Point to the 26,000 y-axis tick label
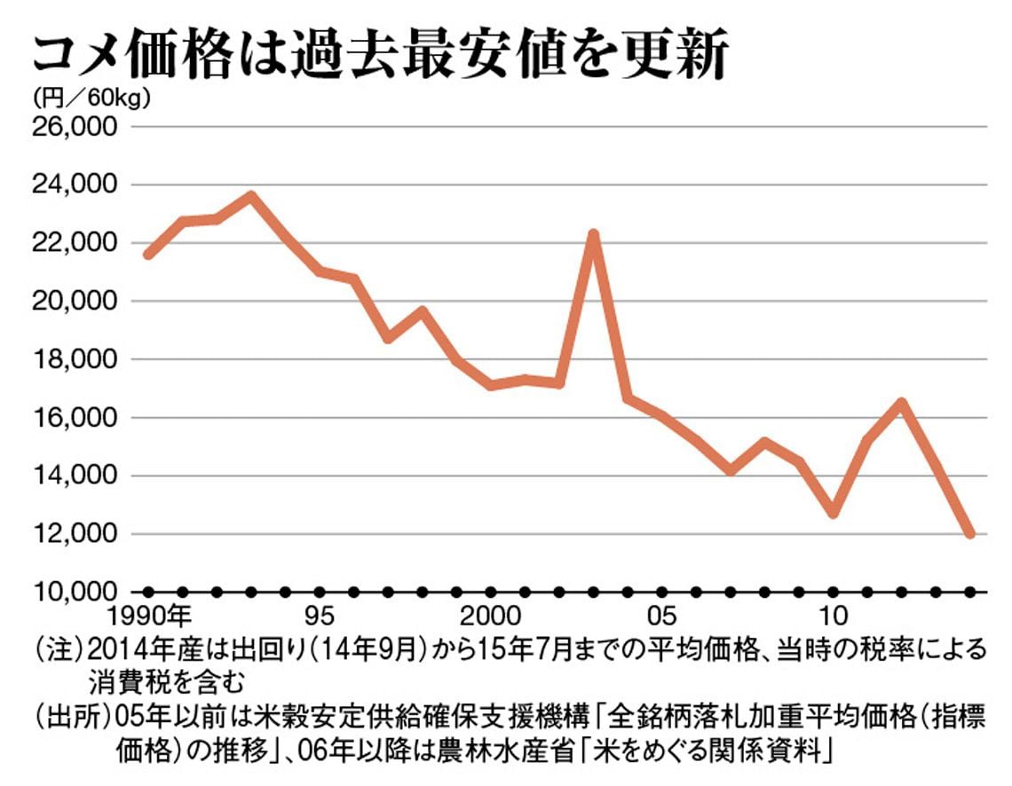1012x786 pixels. pos(76,127)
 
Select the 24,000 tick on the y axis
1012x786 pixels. pos(76,185)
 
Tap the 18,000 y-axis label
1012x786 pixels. pos(76,360)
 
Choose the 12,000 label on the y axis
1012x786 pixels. pos(76,534)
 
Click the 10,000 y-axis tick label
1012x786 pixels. pos(76,592)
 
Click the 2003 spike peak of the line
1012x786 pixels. pos(594,234)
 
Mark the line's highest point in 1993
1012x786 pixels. pos(251,195)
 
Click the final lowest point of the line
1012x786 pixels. pos(969,534)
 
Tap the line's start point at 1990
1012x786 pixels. pos(148,255)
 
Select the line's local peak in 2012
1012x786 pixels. pos(901,403)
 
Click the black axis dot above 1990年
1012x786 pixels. pos(148,592)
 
